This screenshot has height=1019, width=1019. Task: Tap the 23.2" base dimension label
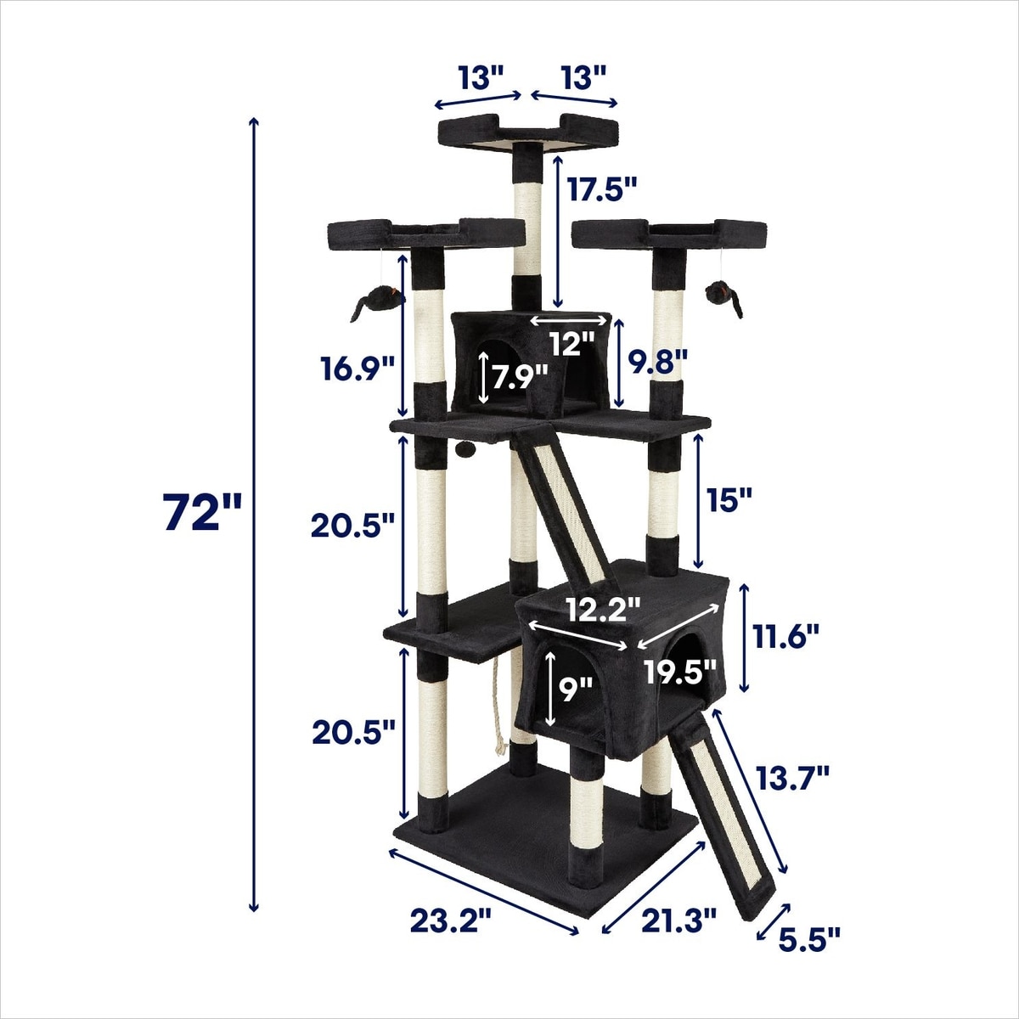click(451, 920)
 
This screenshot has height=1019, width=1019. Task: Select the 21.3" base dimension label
click(678, 920)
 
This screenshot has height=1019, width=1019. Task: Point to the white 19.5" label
click(680, 672)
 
